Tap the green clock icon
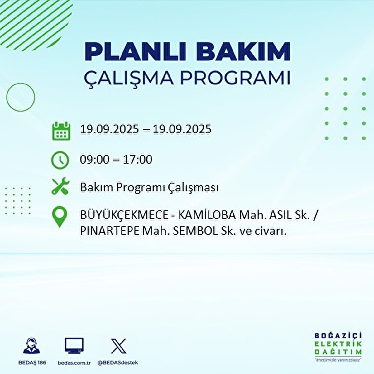[x=60, y=160]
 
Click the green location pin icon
[x=60, y=217]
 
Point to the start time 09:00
[x=95, y=160]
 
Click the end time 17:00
[x=137, y=160]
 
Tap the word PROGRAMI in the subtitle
[x=235, y=78]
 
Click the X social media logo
[x=118, y=346]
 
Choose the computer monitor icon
[x=74, y=346]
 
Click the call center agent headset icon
[x=31, y=346]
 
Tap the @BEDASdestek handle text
[x=118, y=363]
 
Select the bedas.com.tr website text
[x=74, y=363]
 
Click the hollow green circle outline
[x=21, y=97]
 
